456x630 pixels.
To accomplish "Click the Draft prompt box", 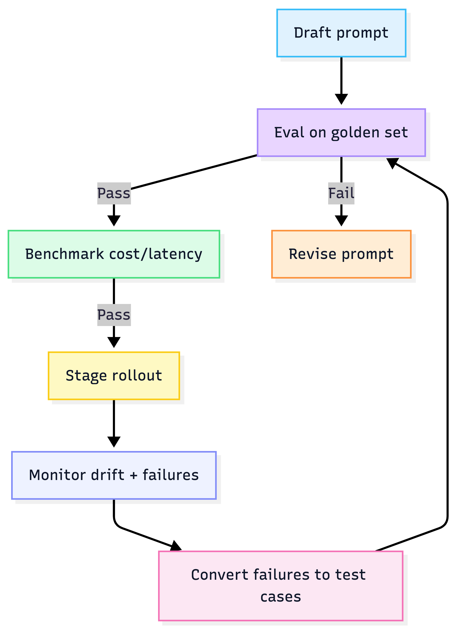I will pyautogui.click(x=341, y=33).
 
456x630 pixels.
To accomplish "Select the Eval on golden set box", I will pyautogui.click(x=341, y=133).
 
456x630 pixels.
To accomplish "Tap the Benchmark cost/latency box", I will pyautogui.click(x=114, y=254).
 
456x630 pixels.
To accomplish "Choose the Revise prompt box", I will pyautogui.click(x=341, y=254).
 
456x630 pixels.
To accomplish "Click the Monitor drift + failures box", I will pyautogui.click(x=114, y=475).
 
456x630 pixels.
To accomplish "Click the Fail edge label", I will pyautogui.click(x=341, y=193).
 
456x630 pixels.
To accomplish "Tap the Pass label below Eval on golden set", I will pyautogui.click(x=114, y=193).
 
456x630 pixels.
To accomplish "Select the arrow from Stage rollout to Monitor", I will pyautogui.click(x=114, y=422).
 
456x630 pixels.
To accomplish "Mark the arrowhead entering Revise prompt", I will pyautogui.click(x=341, y=221).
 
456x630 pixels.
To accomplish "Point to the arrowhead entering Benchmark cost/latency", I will pyautogui.click(x=114, y=221).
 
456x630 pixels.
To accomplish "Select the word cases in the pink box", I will pyautogui.click(x=281, y=597).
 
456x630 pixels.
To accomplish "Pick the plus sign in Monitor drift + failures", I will pyautogui.click(x=133, y=475).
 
